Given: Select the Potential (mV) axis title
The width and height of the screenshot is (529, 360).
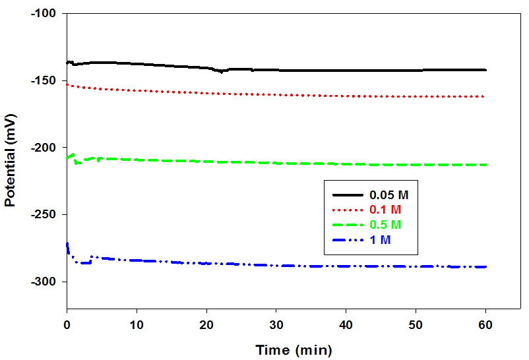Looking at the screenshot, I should pos(10,161).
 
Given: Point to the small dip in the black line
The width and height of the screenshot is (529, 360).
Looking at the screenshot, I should pos(222,71).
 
